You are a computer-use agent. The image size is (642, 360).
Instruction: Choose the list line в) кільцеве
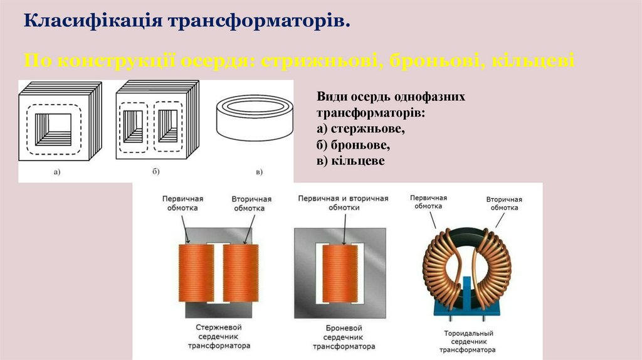point(350,161)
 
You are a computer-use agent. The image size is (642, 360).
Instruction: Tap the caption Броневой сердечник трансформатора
point(344,337)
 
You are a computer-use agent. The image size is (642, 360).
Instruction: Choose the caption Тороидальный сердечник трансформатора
point(468,341)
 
